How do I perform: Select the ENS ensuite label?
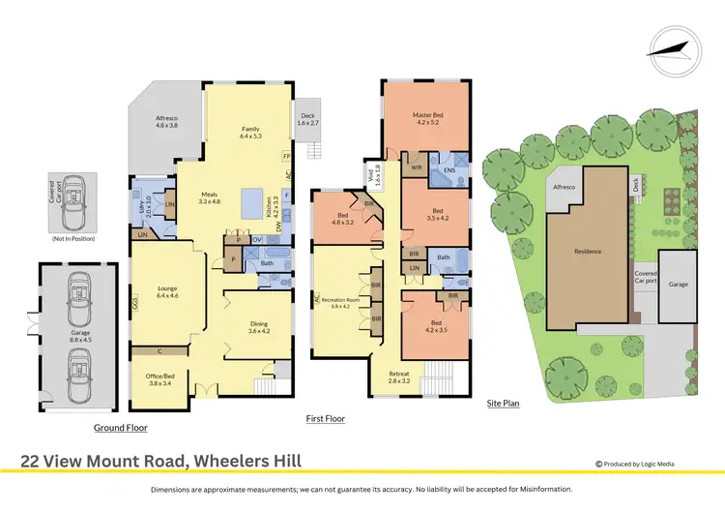[x=449, y=171]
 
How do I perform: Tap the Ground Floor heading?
[x=120, y=427]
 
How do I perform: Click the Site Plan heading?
[x=503, y=403]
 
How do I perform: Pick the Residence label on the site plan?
[x=587, y=252]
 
